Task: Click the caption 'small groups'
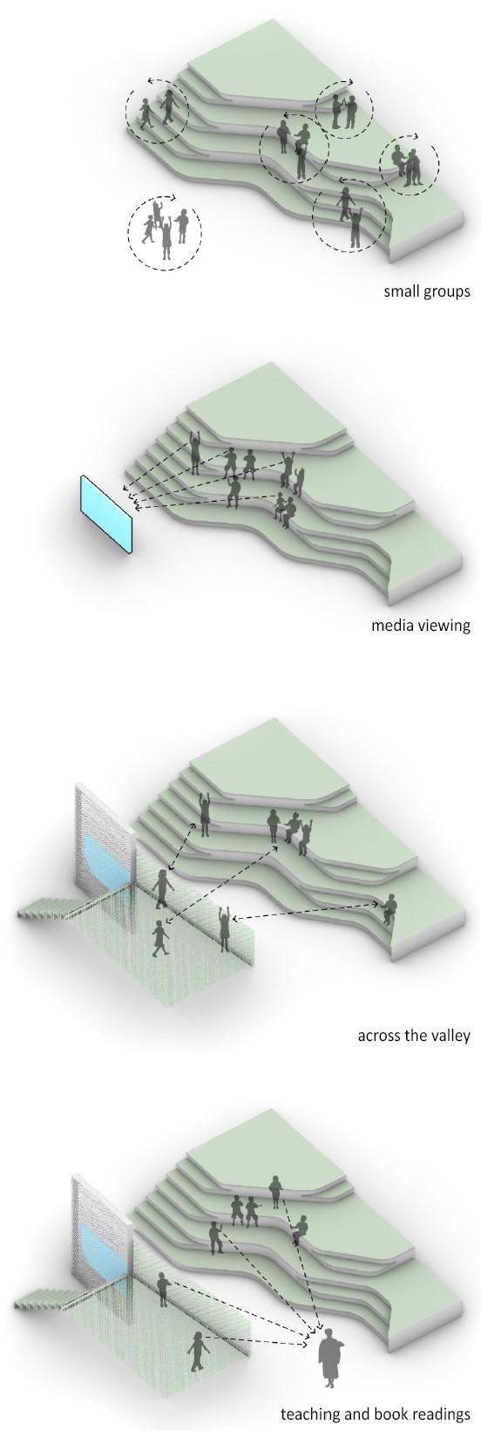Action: [x=427, y=292]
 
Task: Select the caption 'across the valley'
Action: [x=414, y=1034]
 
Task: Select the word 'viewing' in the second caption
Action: [x=444, y=625]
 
